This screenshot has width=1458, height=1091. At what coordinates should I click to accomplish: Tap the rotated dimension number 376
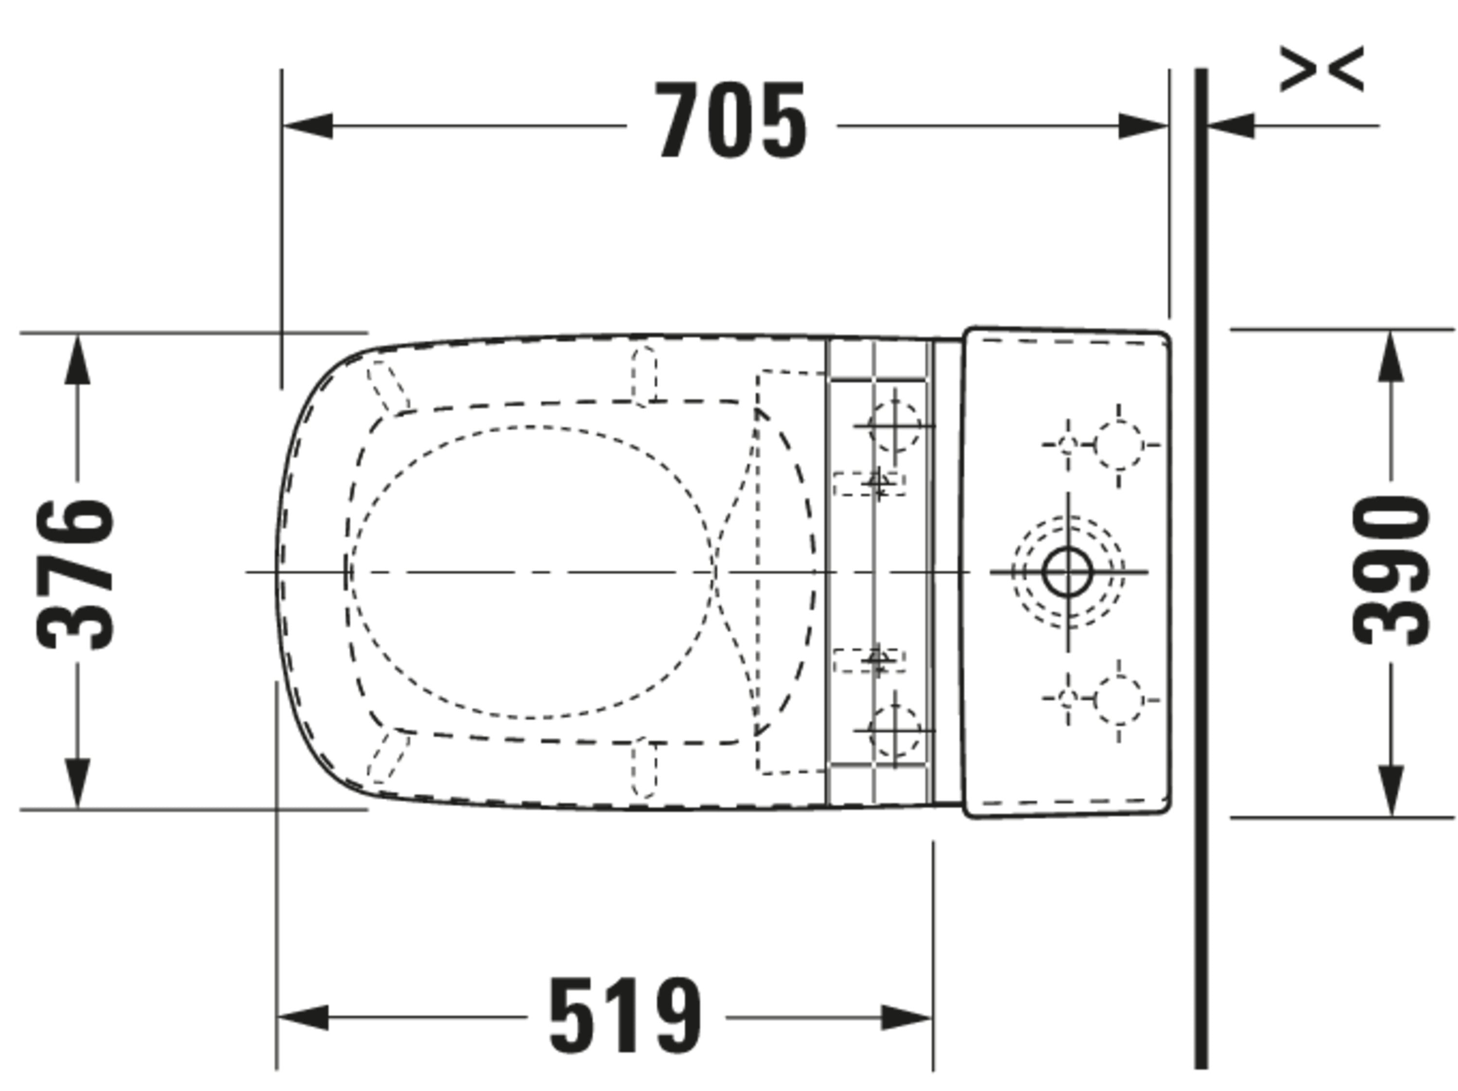coord(74,574)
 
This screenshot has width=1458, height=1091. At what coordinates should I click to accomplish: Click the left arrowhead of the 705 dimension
coord(307,125)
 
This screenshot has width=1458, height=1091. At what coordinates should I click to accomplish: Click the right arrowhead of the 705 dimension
coord(1144,125)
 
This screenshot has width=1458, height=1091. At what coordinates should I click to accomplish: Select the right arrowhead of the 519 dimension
coord(907,1018)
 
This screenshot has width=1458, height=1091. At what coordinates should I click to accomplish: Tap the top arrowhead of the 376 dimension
coord(77,359)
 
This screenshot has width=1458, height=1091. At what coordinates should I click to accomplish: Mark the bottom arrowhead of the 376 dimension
coord(77,783)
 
